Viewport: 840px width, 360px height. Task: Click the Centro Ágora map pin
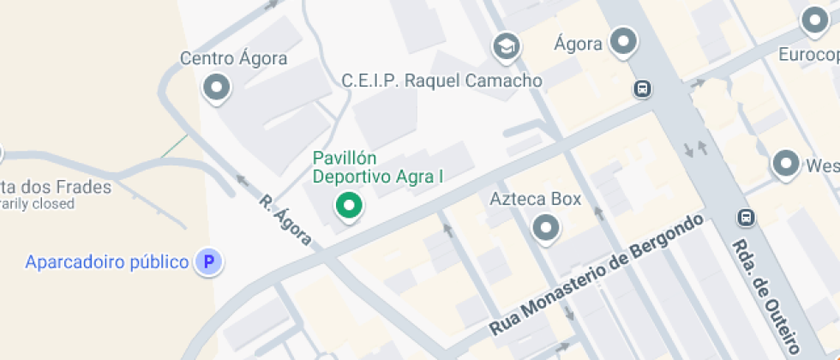(x=216, y=87)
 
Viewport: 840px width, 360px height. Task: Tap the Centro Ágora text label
(x=233, y=59)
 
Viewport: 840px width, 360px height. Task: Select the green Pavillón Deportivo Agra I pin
(x=348, y=206)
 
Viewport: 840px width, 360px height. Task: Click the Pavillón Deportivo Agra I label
(x=377, y=168)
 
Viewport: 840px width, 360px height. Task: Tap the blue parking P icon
(x=207, y=261)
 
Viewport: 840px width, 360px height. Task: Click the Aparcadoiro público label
(x=107, y=261)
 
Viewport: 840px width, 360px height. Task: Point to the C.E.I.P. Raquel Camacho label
(x=441, y=81)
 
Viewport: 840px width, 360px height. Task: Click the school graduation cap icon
(x=507, y=46)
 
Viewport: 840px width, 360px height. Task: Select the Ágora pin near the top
(x=623, y=40)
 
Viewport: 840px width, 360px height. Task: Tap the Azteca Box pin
(x=545, y=228)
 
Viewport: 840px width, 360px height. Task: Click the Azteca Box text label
(x=535, y=200)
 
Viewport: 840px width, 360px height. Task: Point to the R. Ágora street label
(x=286, y=219)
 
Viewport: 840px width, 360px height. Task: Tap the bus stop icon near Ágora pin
(x=641, y=88)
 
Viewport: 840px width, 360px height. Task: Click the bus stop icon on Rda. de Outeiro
(x=747, y=218)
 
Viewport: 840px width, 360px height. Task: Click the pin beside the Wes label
(x=785, y=164)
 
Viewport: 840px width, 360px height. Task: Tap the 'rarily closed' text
(x=38, y=204)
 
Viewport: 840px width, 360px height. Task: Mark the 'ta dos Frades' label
(x=56, y=187)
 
